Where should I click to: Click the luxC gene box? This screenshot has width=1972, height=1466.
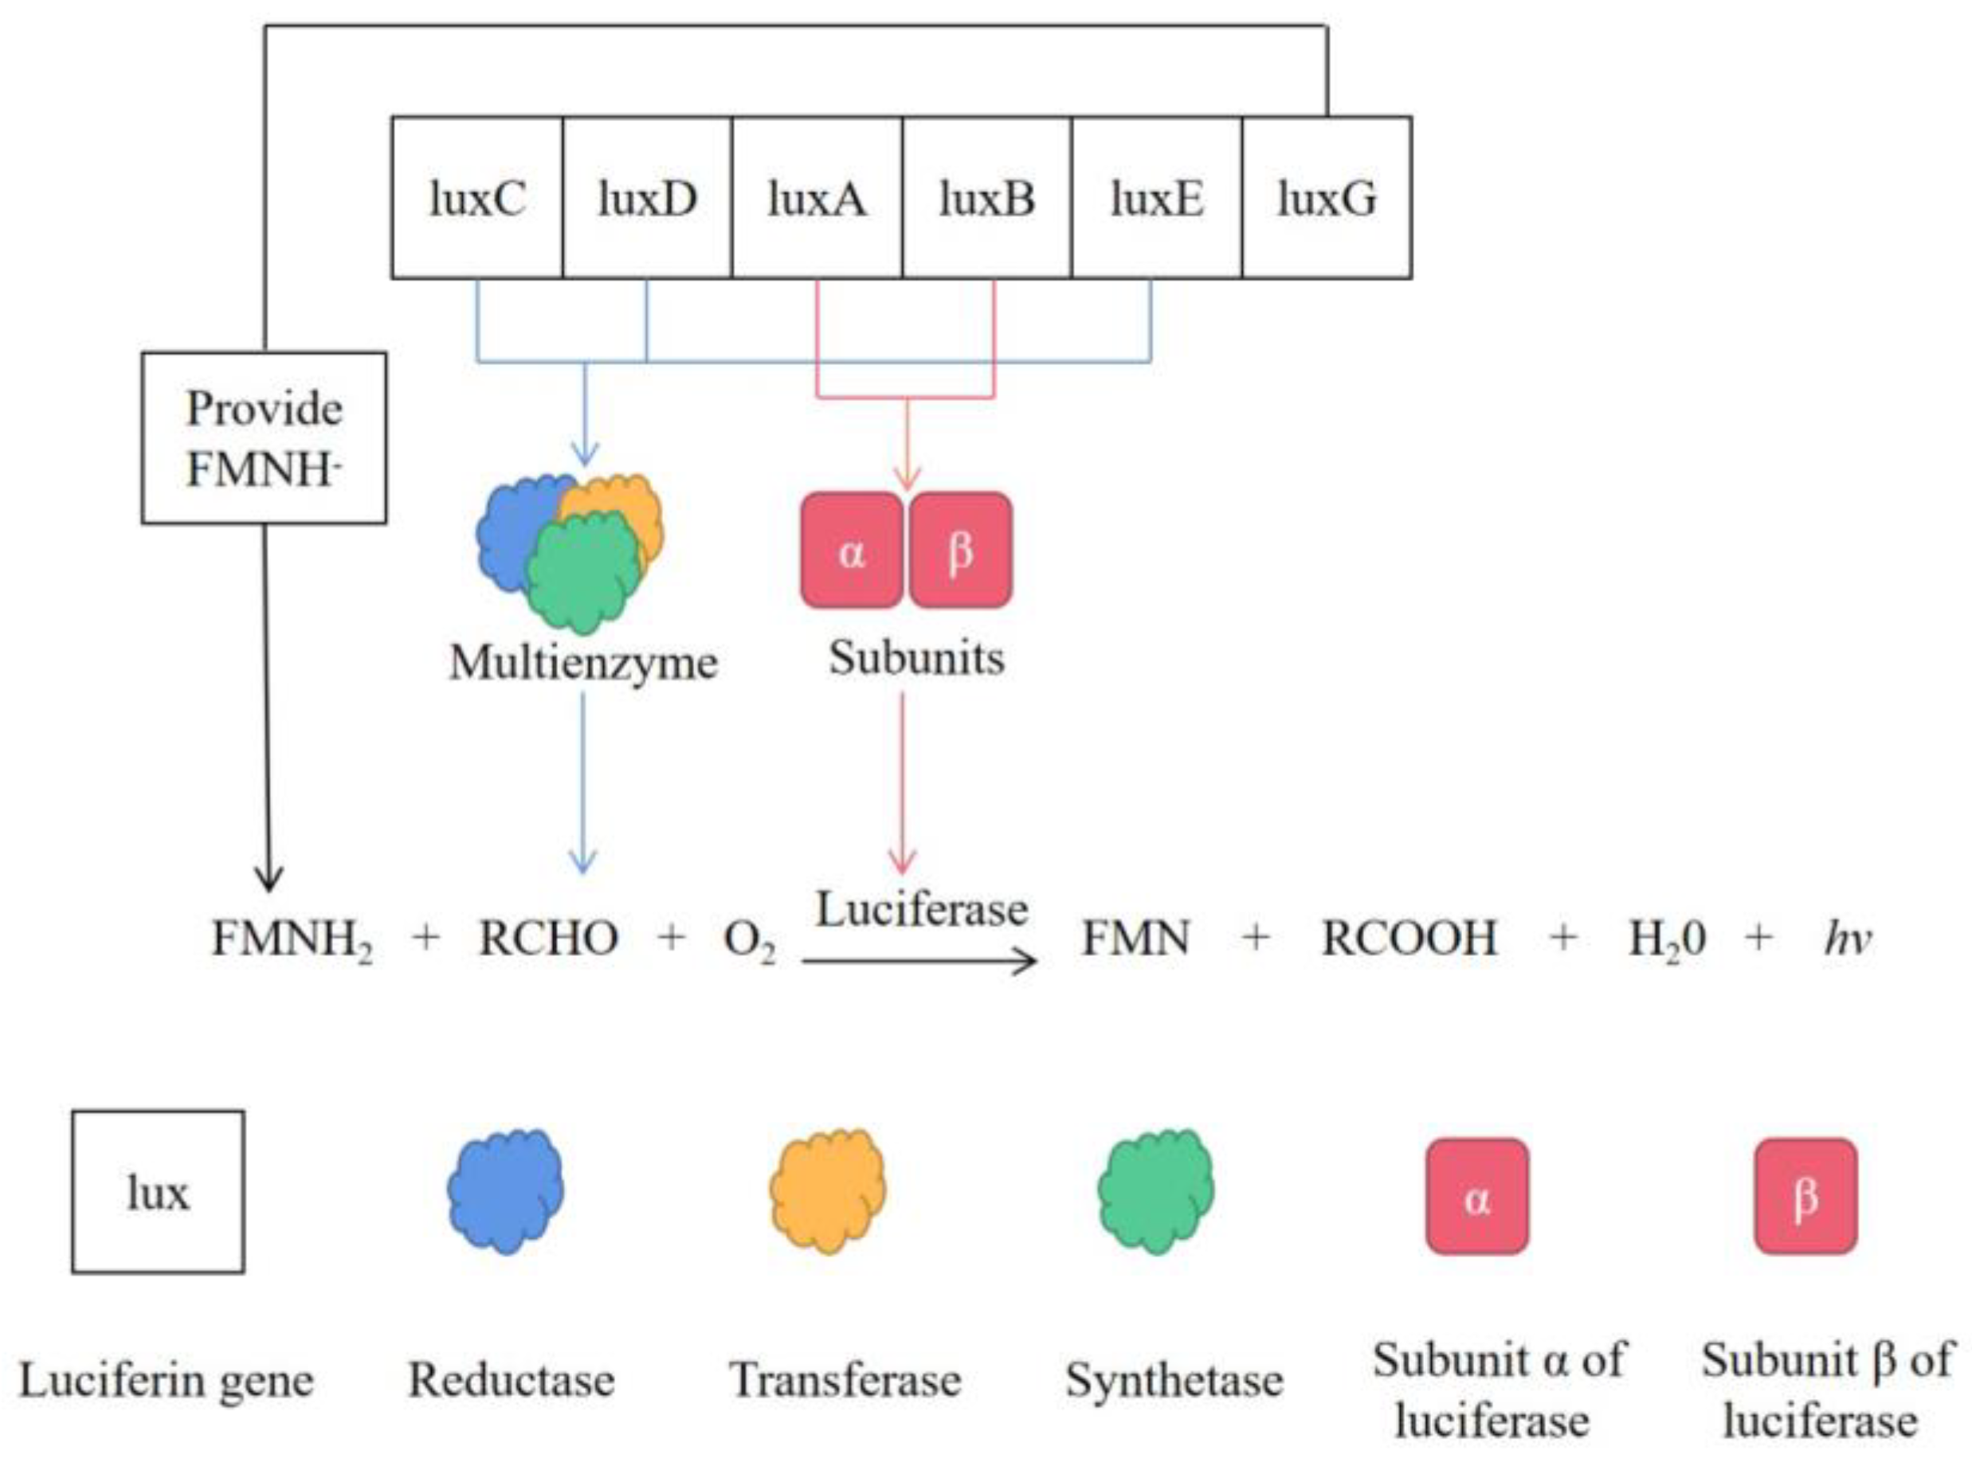tap(476, 197)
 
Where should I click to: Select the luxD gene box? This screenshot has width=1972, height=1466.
tap(647, 197)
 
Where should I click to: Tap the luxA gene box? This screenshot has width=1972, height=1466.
tap(817, 197)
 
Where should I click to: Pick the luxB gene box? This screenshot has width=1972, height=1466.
tap(987, 197)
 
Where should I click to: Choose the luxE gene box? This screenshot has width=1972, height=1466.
tap(1156, 197)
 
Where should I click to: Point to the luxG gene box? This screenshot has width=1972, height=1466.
tap(1327, 197)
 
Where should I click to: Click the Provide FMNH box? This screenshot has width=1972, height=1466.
tap(264, 437)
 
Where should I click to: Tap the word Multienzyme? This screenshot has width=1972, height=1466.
tap(583, 663)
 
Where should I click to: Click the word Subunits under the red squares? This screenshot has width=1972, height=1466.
tap(916, 658)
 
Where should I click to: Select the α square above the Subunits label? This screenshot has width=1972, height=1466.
tap(851, 551)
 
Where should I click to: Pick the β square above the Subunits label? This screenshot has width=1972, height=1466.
tap(960, 551)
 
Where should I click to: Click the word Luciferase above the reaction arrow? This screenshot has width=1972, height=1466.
tap(921, 910)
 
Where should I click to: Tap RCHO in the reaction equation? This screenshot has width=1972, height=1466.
tap(548, 938)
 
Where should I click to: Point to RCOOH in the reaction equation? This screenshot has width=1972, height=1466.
tap(1409, 938)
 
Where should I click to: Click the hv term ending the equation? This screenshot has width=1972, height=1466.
tap(1848, 938)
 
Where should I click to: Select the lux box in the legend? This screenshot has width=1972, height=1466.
tap(158, 1191)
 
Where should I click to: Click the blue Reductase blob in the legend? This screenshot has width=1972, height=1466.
tap(505, 1191)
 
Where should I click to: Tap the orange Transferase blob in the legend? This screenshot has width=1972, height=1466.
tap(827, 1191)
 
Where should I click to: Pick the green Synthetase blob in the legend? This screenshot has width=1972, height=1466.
tap(1155, 1191)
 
